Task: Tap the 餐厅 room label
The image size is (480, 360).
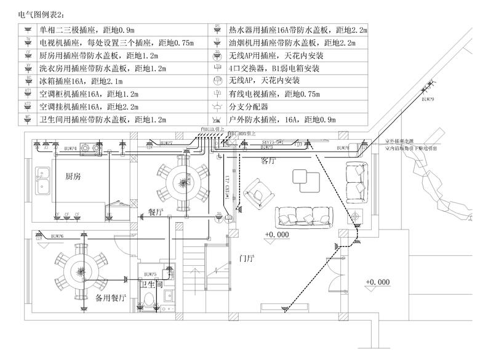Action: tap(156, 212)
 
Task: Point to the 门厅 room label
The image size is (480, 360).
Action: tap(246, 258)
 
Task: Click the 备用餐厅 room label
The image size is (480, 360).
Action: tap(111, 298)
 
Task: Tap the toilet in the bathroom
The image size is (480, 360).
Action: tap(149, 302)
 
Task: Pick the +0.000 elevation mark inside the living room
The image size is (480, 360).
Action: tap(276, 235)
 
